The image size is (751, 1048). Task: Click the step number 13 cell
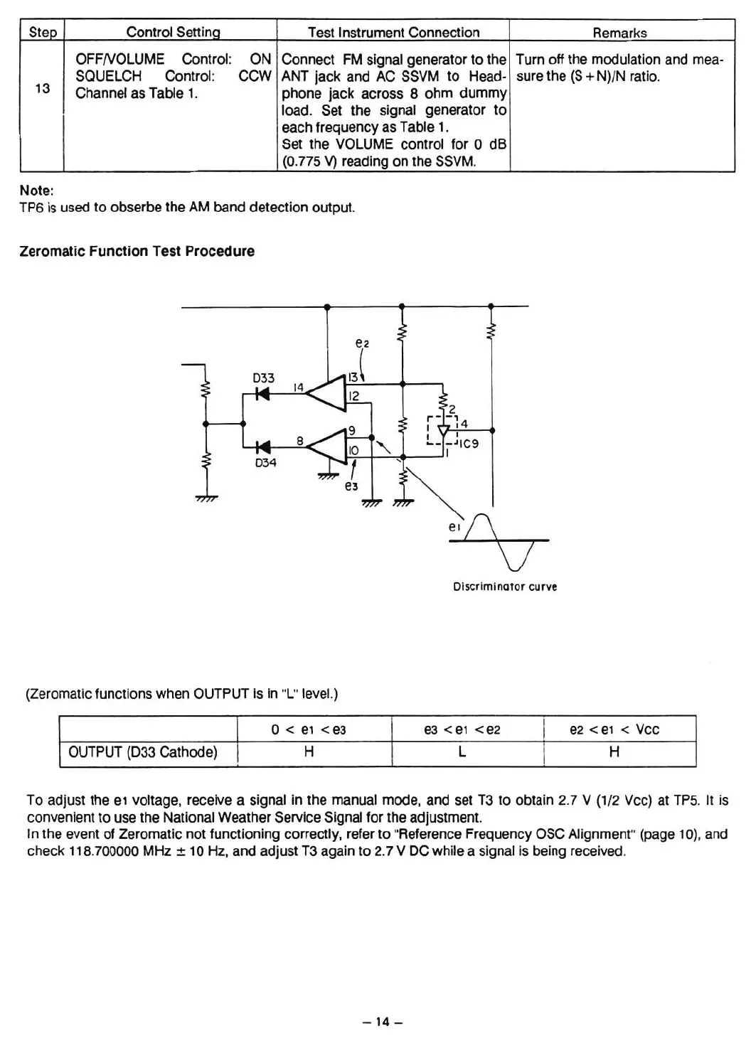pyautogui.click(x=43, y=88)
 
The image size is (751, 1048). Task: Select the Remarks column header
pyautogui.click(x=619, y=33)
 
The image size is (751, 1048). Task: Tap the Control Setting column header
pyautogui.click(x=173, y=32)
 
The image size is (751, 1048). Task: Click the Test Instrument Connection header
pyautogui.click(x=393, y=32)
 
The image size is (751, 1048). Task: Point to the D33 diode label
pyautogui.click(x=264, y=378)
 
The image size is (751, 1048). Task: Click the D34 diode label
pyautogui.click(x=265, y=463)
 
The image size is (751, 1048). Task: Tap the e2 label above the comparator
pyautogui.click(x=362, y=343)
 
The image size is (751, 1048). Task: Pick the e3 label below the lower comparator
pyautogui.click(x=351, y=486)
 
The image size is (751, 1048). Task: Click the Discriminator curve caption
pyautogui.click(x=505, y=587)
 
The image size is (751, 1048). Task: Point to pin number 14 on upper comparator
pyautogui.click(x=299, y=387)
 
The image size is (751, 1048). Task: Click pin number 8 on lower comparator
pyautogui.click(x=300, y=441)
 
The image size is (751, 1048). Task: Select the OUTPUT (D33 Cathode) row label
pyautogui.click(x=143, y=752)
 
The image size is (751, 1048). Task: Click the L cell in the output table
pyautogui.click(x=462, y=752)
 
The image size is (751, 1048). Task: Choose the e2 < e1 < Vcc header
pyautogui.click(x=614, y=729)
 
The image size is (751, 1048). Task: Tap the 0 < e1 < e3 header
pyautogui.click(x=309, y=729)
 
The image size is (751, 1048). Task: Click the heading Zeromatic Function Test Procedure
pyautogui.click(x=137, y=251)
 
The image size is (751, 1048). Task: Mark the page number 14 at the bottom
pyautogui.click(x=383, y=1022)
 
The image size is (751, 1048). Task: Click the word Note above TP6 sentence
pyautogui.click(x=36, y=191)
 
